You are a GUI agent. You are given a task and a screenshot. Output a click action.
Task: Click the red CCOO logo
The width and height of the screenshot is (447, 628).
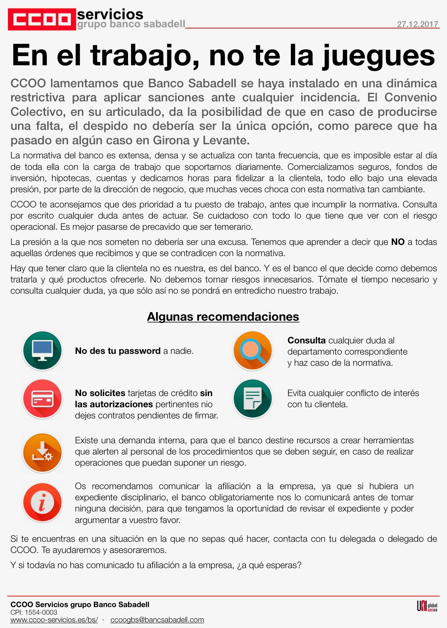pyautogui.click(x=42, y=19)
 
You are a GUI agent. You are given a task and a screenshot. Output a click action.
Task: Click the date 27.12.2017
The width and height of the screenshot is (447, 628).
pyautogui.click(x=417, y=24)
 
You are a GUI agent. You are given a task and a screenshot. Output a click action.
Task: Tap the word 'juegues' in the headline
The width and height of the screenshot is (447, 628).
pyautogui.click(x=378, y=56)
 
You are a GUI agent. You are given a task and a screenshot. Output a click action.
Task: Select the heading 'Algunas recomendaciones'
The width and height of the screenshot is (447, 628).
pyautogui.click(x=223, y=317)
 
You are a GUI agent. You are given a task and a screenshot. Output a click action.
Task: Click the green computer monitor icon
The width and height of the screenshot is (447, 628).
pyautogui.click(x=43, y=351)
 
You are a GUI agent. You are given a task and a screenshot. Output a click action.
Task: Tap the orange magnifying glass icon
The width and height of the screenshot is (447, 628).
pyautogui.click(x=252, y=351)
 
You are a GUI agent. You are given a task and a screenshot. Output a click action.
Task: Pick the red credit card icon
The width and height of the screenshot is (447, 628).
pyautogui.click(x=43, y=399)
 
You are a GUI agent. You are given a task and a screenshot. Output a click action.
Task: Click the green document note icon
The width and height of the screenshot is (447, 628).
pyautogui.click(x=252, y=399)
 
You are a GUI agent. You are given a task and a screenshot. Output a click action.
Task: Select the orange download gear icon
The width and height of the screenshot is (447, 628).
pyautogui.click(x=43, y=452)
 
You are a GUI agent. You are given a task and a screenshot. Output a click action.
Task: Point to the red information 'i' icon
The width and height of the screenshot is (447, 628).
pyautogui.click(x=43, y=502)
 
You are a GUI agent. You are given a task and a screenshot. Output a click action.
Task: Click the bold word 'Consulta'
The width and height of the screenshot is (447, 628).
pyautogui.click(x=306, y=341)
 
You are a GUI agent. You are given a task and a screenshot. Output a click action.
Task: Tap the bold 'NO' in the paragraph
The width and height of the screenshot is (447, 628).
pyautogui.click(x=398, y=242)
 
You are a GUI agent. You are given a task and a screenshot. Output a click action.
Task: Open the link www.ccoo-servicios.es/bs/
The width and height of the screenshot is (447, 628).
pyautogui.click(x=54, y=620)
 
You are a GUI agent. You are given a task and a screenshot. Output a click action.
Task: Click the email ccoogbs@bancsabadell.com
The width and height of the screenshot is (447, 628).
pyautogui.click(x=157, y=620)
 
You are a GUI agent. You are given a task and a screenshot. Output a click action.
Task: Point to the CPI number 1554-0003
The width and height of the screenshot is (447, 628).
pyautogui.click(x=41, y=612)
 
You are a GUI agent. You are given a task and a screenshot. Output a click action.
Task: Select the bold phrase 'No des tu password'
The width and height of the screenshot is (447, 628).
pyautogui.click(x=118, y=351)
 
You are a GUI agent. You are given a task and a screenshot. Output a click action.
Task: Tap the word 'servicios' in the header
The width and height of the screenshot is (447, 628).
pyautogui.click(x=110, y=14)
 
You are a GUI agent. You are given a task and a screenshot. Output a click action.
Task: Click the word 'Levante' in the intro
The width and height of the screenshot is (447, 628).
pyautogui.click(x=225, y=140)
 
